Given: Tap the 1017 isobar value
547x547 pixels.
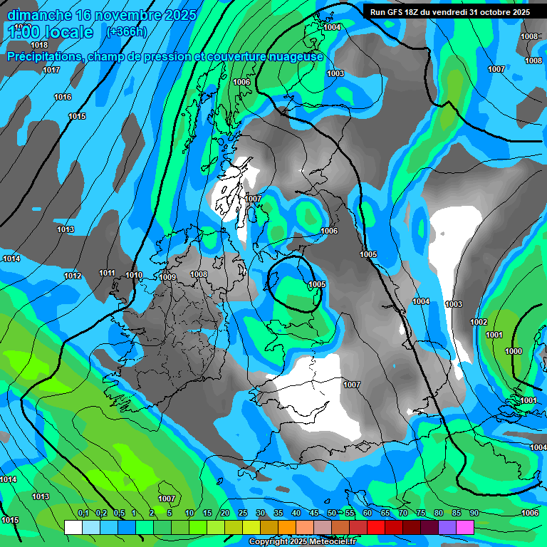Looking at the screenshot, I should pos(51,70).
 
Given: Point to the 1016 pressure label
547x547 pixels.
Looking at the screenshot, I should pos(63,97).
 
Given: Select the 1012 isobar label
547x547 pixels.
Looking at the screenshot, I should pos(73,276).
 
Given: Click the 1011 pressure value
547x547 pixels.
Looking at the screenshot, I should pos(108,273).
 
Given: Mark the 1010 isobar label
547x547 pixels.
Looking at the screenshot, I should pos(134,275).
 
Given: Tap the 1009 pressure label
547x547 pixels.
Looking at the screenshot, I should pos(167,277).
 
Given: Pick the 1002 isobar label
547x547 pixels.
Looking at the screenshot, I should pos(479,322).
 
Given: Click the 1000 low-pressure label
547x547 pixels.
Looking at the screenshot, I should pos(513,351).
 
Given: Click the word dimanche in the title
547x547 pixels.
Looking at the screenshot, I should pos(39,15).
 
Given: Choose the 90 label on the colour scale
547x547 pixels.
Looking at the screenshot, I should pos(474,513).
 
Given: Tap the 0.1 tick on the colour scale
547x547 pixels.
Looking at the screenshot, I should pos(83,513).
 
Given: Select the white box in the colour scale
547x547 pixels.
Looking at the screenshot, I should pos(73,527).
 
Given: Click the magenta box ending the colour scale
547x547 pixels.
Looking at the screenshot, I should pos(465,527).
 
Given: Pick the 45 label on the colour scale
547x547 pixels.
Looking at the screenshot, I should pos(314,513).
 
